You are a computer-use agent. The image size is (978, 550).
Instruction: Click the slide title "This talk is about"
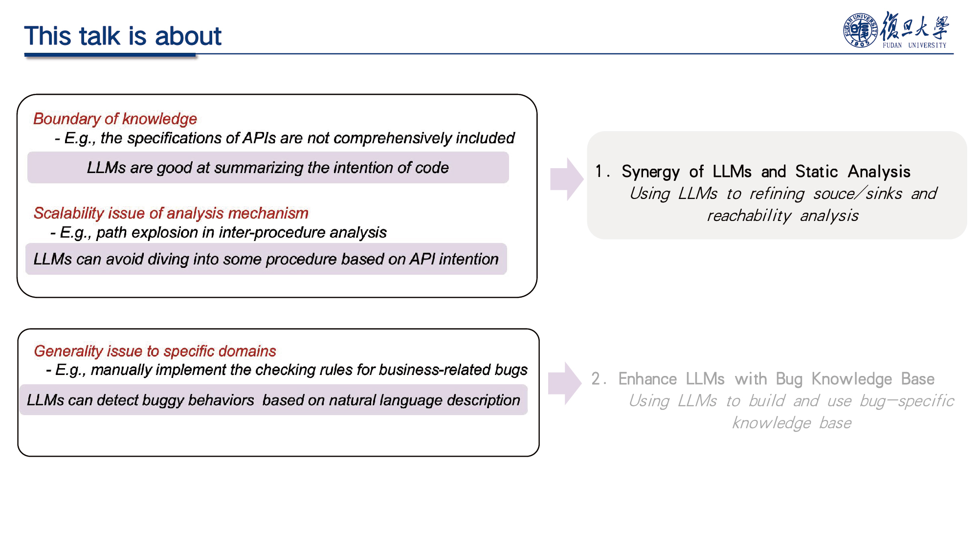click(x=123, y=36)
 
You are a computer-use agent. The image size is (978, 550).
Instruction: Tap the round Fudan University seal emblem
click(x=860, y=30)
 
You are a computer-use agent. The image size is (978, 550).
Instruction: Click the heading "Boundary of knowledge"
click(x=115, y=119)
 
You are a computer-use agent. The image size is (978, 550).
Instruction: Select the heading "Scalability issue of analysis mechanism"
click(x=171, y=213)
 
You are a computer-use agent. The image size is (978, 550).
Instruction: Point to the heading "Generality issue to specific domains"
click(x=155, y=351)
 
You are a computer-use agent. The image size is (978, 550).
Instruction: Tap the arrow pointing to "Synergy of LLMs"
click(x=567, y=179)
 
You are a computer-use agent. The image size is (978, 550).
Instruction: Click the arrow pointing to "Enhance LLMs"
click(x=565, y=384)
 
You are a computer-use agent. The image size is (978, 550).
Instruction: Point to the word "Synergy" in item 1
click(x=650, y=172)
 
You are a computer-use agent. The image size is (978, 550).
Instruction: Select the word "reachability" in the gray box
click(x=749, y=216)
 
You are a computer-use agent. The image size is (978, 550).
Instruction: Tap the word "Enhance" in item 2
click(x=647, y=379)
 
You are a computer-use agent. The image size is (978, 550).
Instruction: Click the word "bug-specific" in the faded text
click(x=907, y=401)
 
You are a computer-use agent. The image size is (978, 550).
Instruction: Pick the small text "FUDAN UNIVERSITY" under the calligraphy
click(x=914, y=45)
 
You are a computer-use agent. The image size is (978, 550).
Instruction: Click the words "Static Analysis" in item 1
click(x=853, y=172)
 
